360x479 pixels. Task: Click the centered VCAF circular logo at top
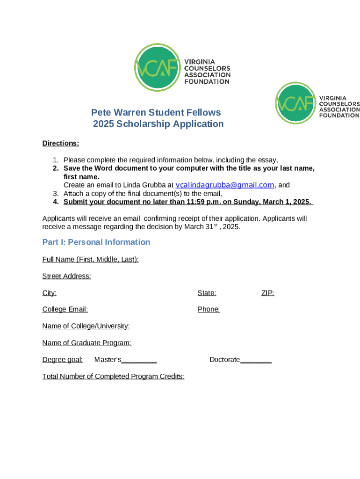click(157, 68)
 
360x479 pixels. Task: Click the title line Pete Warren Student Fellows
click(156, 113)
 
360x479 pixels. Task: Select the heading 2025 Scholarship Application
click(158, 124)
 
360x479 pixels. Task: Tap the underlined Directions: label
click(61, 143)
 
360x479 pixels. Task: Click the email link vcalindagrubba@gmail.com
click(224, 185)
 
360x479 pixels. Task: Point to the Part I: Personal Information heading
click(96, 242)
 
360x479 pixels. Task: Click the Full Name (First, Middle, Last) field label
click(90, 259)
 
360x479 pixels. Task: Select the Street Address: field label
click(66, 276)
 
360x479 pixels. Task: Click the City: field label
click(49, 293)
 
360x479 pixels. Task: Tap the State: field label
click(207, 293)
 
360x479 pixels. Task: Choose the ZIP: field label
click(267, 293)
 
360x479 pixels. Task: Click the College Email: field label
click(65, 309)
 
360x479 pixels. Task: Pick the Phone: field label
click(209, 309)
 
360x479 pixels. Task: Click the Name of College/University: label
click(86, 326)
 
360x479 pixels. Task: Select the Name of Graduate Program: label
click(86, 343)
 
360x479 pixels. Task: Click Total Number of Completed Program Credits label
click(113, 377)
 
